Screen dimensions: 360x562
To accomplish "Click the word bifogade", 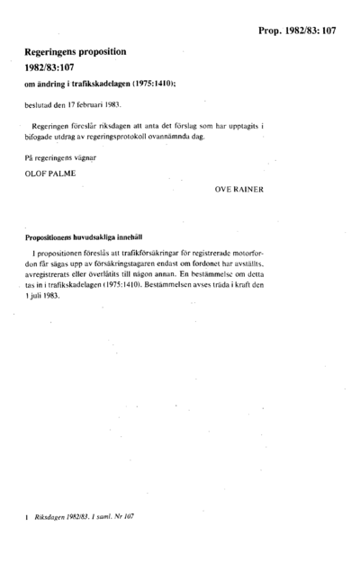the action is click(43, 136).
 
